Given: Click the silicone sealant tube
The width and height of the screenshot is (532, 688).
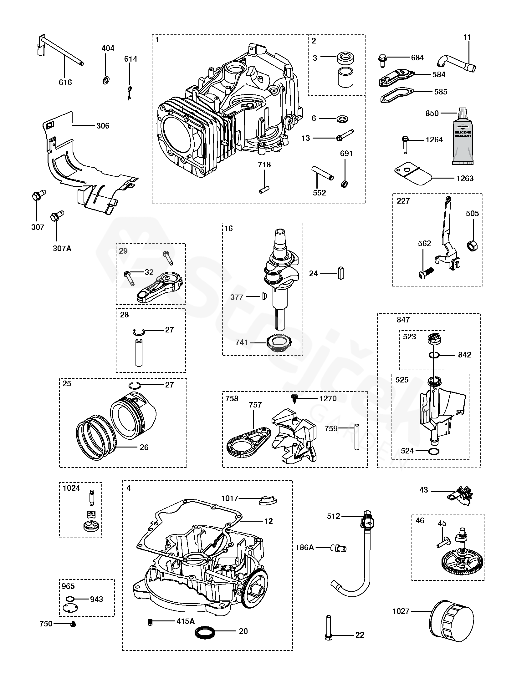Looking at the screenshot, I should [463, 139].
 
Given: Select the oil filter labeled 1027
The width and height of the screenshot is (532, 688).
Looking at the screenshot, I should [452, 621].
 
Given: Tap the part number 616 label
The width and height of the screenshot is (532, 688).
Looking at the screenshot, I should [65, 83].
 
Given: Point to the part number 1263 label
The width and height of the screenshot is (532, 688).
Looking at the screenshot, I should [465, 179].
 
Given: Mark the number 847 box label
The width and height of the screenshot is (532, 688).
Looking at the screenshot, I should [403, 320].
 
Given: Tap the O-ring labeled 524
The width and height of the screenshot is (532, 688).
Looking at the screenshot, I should [434, 451].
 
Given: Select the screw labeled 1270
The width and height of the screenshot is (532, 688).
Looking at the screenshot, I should [295, 399].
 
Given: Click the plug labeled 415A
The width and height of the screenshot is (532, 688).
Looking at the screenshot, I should [150, 621].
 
